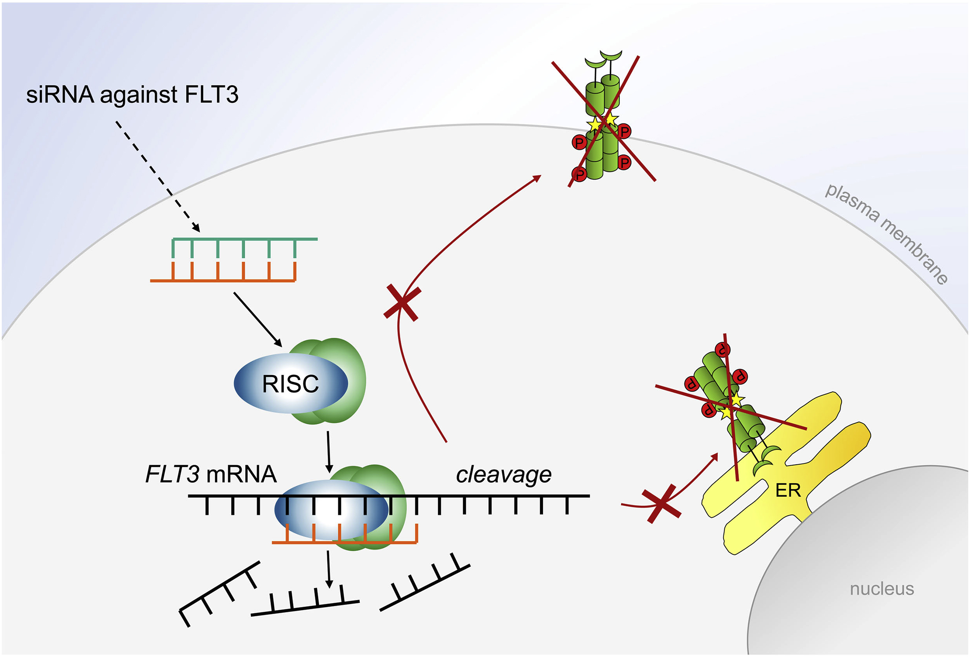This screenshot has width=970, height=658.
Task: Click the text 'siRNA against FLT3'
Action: pyautogui.click(x=132, y=94)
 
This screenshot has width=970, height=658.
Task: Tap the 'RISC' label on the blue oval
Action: pyautogui.click(x=290, y=384)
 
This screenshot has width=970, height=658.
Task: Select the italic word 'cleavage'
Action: pyautogui.click(x=503, y=474)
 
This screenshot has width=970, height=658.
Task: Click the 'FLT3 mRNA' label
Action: pyautogui.click(x=211, y=474)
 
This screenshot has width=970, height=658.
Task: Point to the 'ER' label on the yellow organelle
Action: pyautogui.click(x=788, y=490)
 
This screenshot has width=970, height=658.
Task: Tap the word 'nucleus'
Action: pyautogui.click(x=882, y=589)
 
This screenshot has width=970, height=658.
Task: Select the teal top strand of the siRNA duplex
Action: pyautogui.click(x=244, y=240)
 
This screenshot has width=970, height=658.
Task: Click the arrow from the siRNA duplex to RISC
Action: pyautogui.click(x=257, y=319)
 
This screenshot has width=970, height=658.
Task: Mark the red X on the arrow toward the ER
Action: pyautogui.click(x=662, y=504)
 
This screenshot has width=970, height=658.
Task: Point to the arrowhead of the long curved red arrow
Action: pyautogui.click(x=537, y=178)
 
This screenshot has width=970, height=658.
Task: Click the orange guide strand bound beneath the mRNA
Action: pyautogui.click(x=344, y=542)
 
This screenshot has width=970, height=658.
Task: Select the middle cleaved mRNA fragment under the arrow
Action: pyautogui.click(x=305, y=607)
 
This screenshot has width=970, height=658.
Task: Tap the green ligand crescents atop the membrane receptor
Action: pyautogui.click(x=604, y=60)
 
